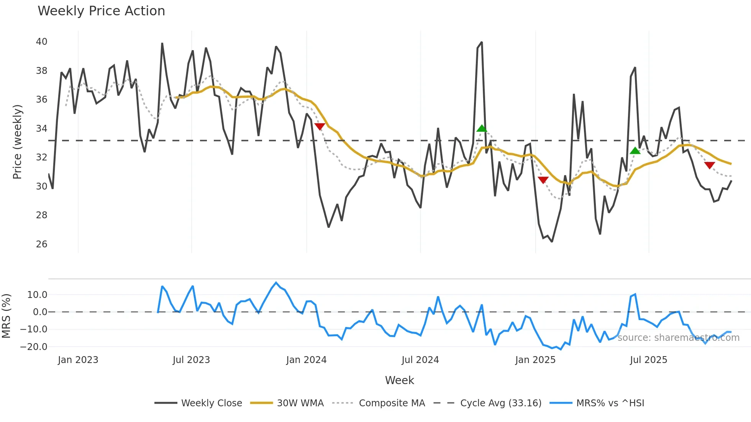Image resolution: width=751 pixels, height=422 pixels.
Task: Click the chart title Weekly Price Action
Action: pyautogui.click(x=101, y=11)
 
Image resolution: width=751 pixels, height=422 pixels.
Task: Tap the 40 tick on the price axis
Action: pyautogui.click(x=42, y=42)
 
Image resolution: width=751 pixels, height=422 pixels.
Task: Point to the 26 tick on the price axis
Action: pyautogui.click(x=42, y=244)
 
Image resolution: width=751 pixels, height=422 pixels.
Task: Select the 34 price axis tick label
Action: pyautogui.click(x=42, y=129)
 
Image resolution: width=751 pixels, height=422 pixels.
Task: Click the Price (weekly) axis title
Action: pyautogui.click(x=18, y=142)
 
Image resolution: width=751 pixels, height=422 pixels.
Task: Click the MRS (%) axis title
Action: pyautogui.click(x=6, y=316)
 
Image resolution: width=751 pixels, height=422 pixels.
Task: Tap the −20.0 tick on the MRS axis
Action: pyautogui.click(x=34, y=347)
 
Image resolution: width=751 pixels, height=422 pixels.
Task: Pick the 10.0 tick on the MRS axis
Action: pyautogui.click(x=37, y=295)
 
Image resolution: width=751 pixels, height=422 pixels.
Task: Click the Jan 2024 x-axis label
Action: pyautogui.click(x=306, y=360)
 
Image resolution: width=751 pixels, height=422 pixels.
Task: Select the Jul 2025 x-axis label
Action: pyautogui.click(x=648, y=360)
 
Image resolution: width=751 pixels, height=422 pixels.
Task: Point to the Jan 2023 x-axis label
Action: pyautogui.click(x=78, y=360)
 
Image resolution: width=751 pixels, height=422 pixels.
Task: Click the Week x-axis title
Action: pyautogui.click(x=399, y=380)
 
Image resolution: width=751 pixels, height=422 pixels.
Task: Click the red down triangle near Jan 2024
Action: pyautogui.click(x=320, y=126)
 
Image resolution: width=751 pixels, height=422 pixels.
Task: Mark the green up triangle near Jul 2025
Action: pyautogui.click(x=635, y=151)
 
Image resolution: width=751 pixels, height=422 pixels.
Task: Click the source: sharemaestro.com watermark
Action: pyautogui.click(x=678, y=338)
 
